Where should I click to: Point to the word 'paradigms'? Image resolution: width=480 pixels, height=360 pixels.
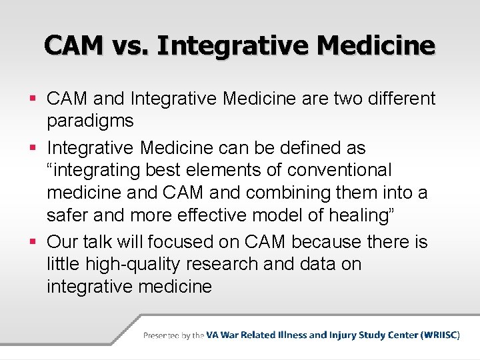tap(90, 122)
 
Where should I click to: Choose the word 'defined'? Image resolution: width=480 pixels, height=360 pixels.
tap(298, 147)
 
